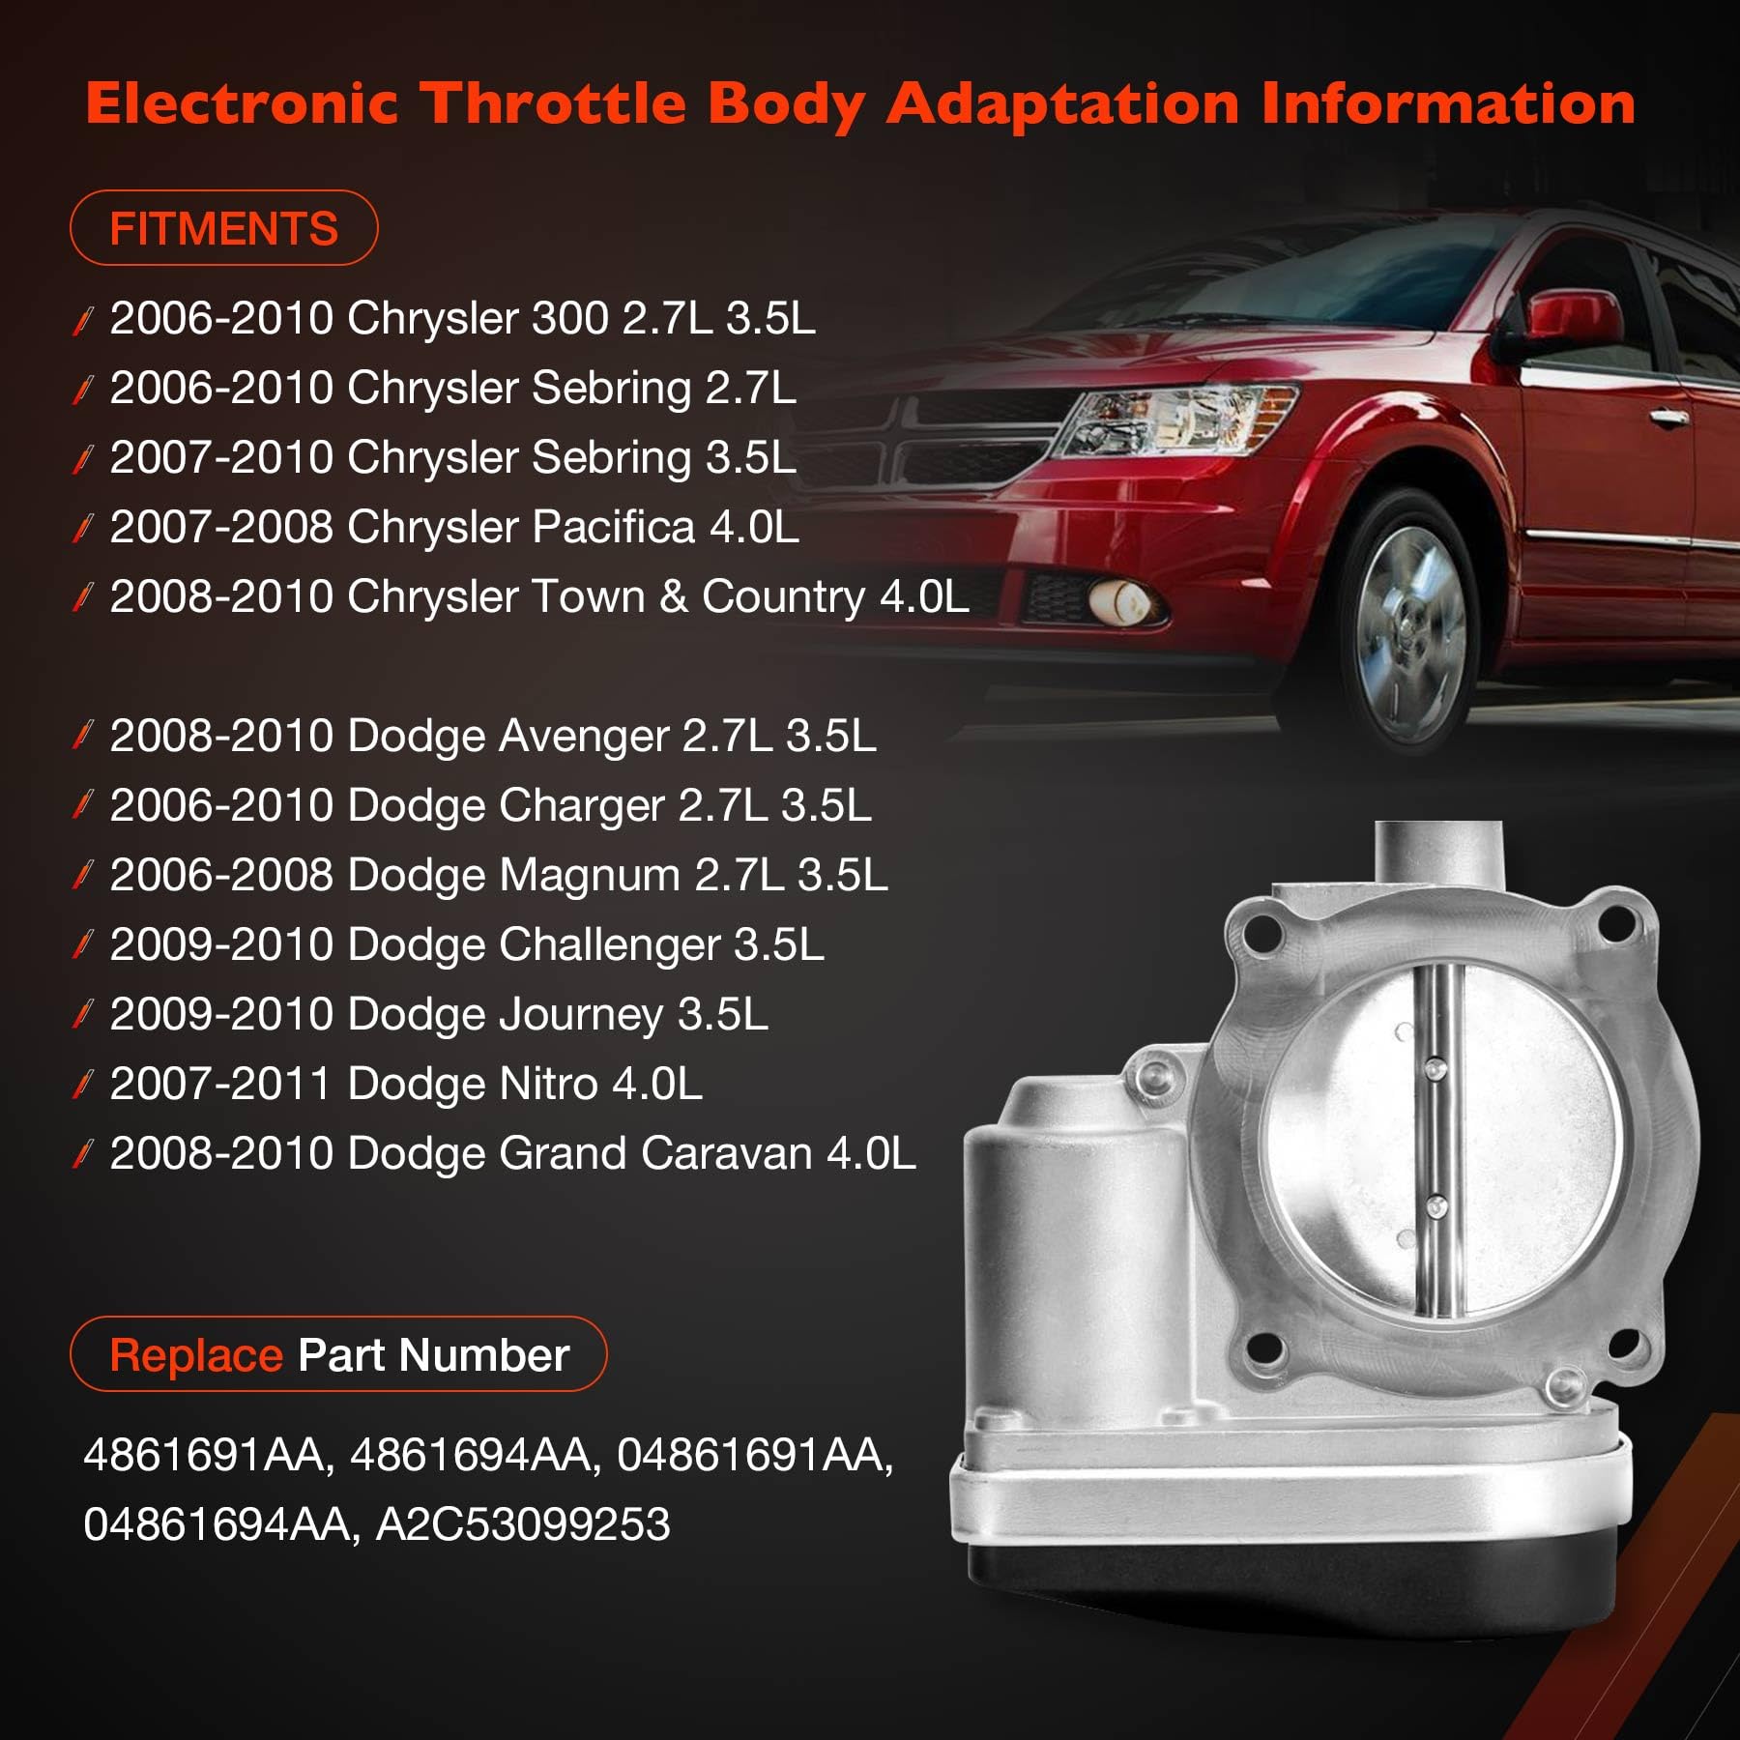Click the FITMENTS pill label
coord(223,229)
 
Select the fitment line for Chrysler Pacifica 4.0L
coord(454,528)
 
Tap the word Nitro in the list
coord(548,1084)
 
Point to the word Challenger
coord(609,945)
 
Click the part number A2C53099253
coord(522,1524)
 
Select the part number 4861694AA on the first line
coord(469,1455)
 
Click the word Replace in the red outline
coord(196,1355)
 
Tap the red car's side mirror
coord(1571,314)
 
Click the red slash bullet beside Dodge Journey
coord(83,1014)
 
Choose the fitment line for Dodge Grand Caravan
coord(512,1153)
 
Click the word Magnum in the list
coord(590,876)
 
